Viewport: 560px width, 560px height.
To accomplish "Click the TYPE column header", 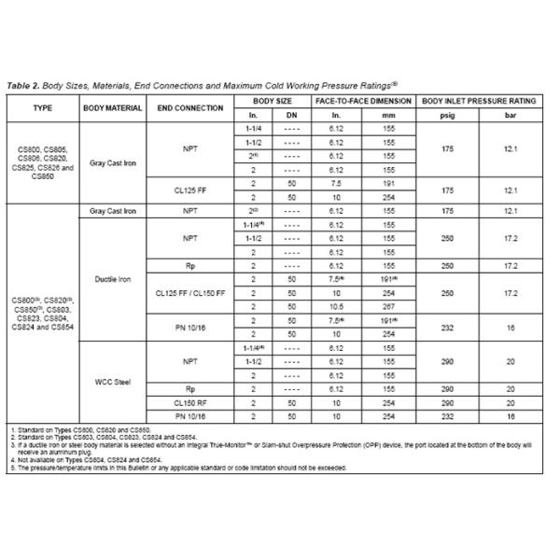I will [43, 107].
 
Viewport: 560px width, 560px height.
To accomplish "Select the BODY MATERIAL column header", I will [112, 107].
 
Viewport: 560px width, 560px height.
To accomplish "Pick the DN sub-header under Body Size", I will [291, 115].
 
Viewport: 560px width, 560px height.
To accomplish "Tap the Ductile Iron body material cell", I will [112, 278].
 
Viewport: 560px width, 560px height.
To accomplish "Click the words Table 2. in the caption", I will [26, 83].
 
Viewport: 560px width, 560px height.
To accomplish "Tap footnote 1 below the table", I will [75, 428].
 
